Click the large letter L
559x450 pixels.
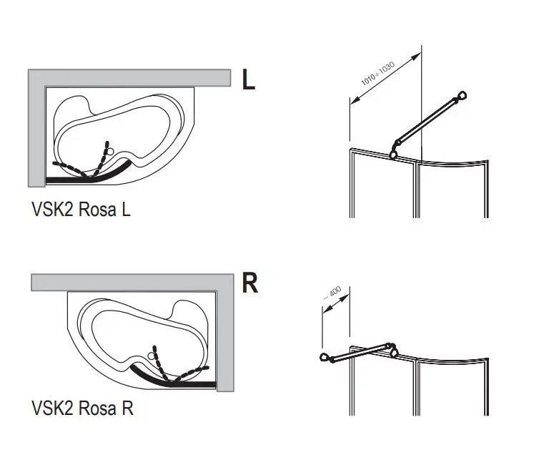tap(248, 79)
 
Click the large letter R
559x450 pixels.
tap(249, 283)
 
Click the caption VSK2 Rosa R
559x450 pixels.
tap(82, 409)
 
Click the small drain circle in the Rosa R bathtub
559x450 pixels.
tap(152, 353)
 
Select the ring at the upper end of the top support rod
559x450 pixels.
tap(463, 95)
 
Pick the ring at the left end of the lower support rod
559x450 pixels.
tap(324, 358)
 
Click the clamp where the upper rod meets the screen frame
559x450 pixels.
tap(394, 150)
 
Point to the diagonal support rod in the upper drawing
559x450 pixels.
tap(429, 122)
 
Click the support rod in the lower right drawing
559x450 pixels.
tap(357, 353)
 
